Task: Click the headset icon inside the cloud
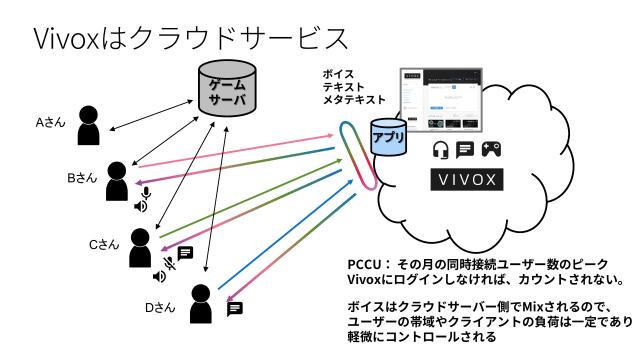point(440,150)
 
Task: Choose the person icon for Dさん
point(200,307)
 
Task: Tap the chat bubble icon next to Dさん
point(235,309)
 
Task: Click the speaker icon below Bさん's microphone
point(140,208)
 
